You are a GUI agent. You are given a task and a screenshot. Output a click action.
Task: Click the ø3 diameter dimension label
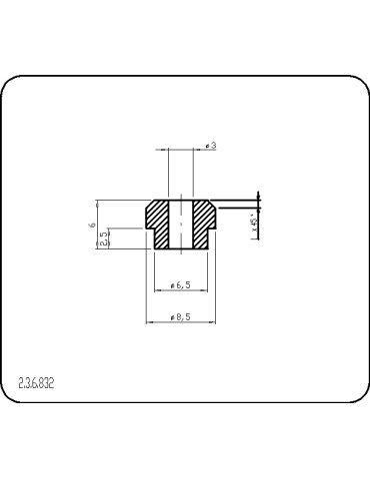click(x=211, y=146)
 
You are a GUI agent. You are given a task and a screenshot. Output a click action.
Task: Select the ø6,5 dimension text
click(x=180, y=285)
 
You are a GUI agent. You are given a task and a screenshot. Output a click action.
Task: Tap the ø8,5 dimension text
click(x=180, y=316)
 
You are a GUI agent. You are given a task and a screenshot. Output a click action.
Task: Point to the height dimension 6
click(x=91, y=226)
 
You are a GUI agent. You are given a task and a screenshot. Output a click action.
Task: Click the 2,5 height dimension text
click(x=104, y=239)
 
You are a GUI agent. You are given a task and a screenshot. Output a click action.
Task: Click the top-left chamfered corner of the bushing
click(x=149, y=204)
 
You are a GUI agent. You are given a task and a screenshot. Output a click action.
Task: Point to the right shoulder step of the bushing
click(x=210, y=230)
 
